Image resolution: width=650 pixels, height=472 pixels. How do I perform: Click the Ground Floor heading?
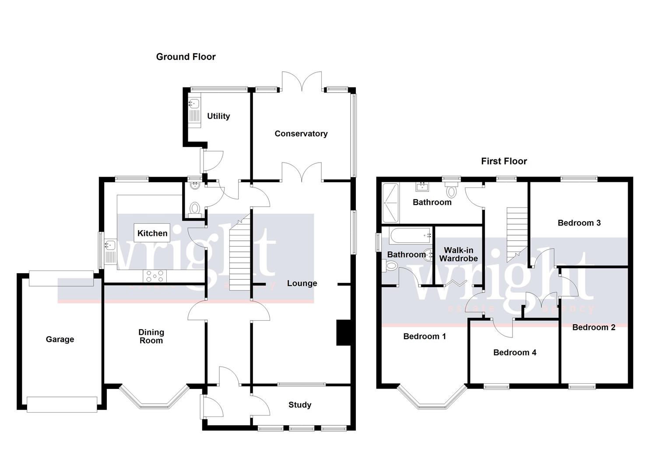click(186, 57)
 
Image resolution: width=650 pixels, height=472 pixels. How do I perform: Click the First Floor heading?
click(504, 161)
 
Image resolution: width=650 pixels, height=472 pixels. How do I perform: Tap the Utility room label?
click(218, 116)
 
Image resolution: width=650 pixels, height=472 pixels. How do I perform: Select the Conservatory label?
click(301, 134)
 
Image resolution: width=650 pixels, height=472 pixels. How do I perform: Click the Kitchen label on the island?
click(152, 233)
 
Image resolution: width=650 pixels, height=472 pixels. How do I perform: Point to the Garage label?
click(60, 340)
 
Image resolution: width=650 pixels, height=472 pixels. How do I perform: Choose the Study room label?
click(300, 405)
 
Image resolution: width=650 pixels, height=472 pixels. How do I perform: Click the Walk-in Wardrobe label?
click(458, 254)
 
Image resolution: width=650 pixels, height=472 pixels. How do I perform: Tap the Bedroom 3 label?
click(579, 223)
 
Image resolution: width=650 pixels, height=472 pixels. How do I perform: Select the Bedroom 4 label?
click(514, 353)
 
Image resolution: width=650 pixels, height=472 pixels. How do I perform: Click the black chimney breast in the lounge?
click(344, 333)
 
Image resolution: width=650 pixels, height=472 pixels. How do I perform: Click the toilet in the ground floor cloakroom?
click(195, 208)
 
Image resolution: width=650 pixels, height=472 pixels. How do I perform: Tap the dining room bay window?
click(154, 400)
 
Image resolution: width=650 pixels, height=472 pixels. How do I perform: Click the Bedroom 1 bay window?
click(432, 400)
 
